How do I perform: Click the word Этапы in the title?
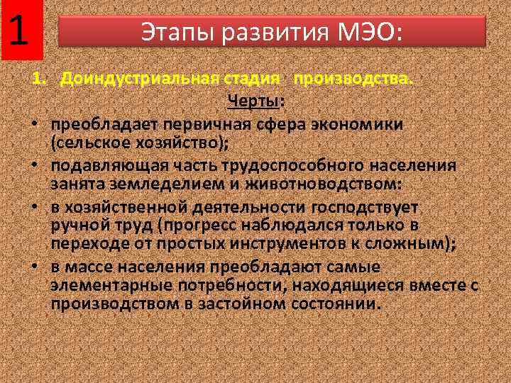[171, 32]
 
